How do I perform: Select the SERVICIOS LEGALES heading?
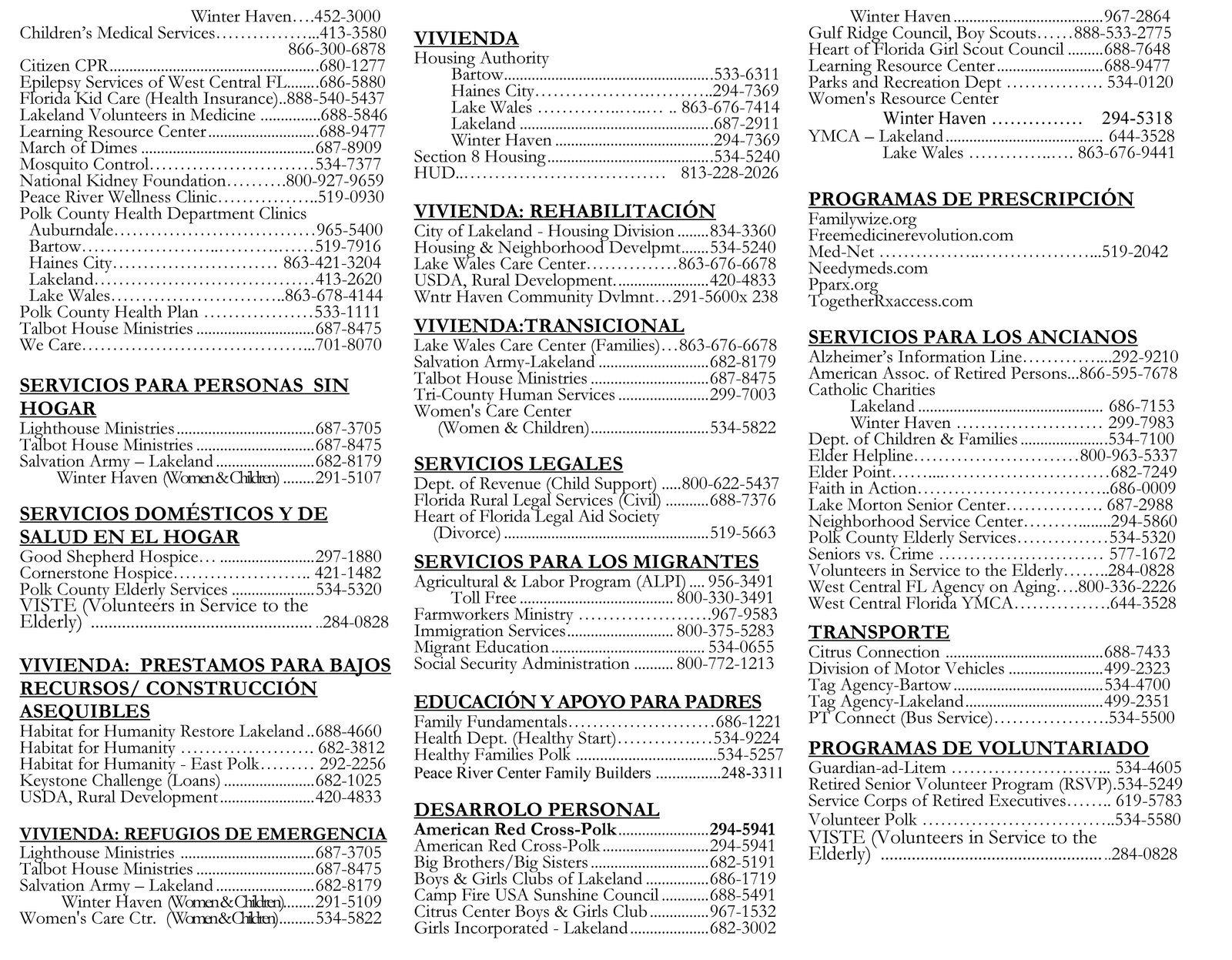point(518,463)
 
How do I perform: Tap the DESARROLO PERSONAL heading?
point(537,810)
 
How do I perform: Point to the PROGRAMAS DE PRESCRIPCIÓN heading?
point(970,199)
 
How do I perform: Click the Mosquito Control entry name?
point(84,164)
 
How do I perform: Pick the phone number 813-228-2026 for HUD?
point(729,173)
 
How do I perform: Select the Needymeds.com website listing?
point(857,268)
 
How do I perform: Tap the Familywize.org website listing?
point(862,219)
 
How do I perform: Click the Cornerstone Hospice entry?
point(95,573)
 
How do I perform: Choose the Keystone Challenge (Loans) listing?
point(119,781)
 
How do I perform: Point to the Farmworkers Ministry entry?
point(494,614)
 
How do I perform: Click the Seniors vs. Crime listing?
point(871,554)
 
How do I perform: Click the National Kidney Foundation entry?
point(122,181)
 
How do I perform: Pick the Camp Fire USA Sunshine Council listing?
point(536,895)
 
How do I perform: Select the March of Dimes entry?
point(79,148)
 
